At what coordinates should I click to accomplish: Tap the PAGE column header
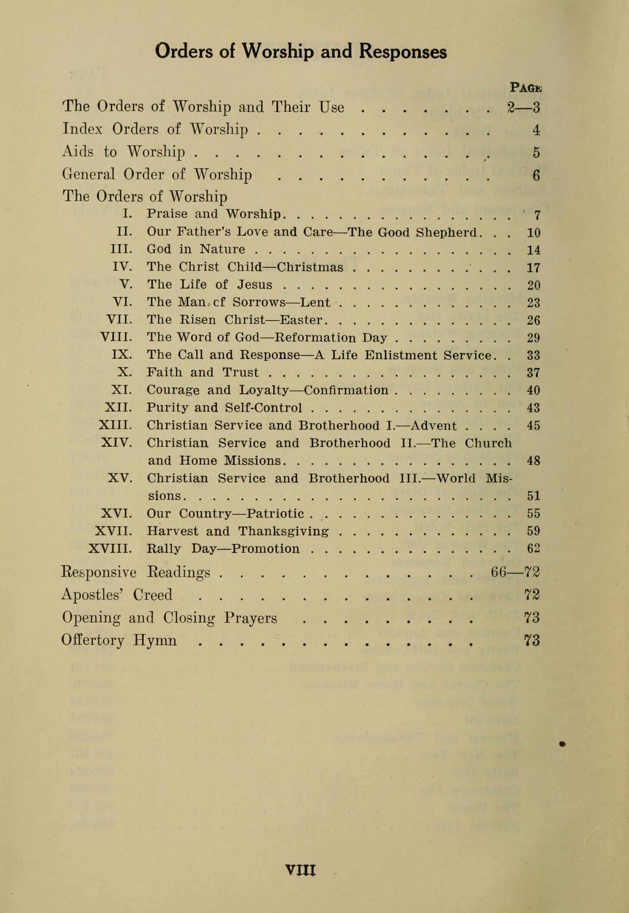pyautogui.click(x=526, y=87)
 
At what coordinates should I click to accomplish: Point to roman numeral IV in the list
pyautogui.click(x=122, y=267)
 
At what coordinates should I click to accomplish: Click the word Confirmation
pyautogui.click(x=346, y=390)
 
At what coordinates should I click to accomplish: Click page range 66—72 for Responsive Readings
pyautogui.click(x=515, y=572)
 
